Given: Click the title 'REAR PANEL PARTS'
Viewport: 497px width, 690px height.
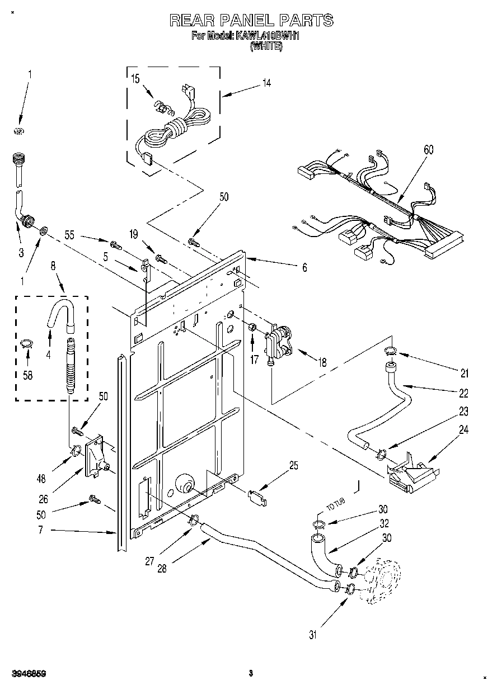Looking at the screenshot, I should point(251,21).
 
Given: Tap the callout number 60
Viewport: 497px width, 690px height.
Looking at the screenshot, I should point(429,150).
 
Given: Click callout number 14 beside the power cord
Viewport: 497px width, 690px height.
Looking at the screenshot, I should point(266,83).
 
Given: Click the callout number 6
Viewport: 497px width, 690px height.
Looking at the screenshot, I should point(304,268).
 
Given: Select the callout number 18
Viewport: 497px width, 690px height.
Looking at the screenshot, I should point(322,362).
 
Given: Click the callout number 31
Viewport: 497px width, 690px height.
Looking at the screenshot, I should point(313,635).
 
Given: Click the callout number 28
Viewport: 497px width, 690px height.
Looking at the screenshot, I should point(162,569).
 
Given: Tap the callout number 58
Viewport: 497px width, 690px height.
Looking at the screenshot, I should point(27,375).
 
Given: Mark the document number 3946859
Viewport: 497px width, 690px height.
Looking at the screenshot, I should point(27,674).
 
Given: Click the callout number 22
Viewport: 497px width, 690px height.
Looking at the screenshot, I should point(464,393).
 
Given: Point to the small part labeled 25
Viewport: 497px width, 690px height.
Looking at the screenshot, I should point(257,495).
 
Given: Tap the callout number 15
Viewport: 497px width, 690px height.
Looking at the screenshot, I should point(135,78).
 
